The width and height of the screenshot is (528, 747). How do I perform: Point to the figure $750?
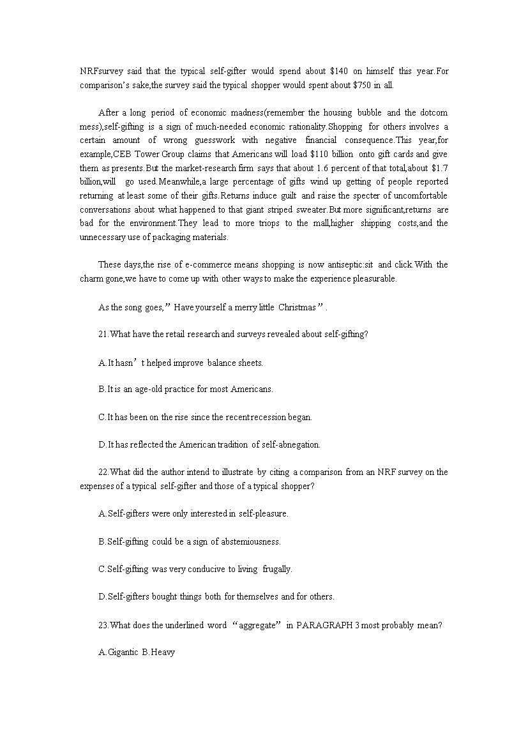pyautogui.click(x=363, y=84)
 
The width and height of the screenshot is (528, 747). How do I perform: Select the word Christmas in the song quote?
pyautogui.click(x=297, y=307)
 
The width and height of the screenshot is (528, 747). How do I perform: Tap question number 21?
pyautogui.click(x=103, y=335)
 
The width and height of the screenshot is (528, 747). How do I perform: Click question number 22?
pyautogui.click(x=103, y=472)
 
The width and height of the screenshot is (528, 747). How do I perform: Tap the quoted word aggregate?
pyautogui.click(x=256, y=625)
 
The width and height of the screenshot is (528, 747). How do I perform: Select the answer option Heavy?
pyautogui.click(x=163, y=653)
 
